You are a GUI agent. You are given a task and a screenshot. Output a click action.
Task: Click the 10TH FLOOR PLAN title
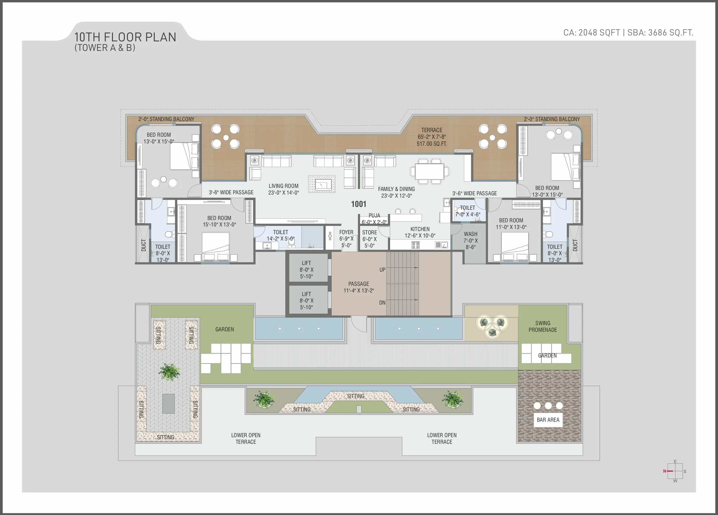(x=125, y=37)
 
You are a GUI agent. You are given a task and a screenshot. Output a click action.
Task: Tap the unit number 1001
(x=358, y=204)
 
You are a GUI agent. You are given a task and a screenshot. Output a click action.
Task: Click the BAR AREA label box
(x=548, y=420)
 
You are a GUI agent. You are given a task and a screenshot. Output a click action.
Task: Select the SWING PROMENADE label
(x=543, y=326)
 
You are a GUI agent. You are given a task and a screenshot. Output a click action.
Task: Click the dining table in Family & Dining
(x=430, y=171)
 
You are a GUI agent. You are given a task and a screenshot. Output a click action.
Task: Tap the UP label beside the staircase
(x=382, y=270)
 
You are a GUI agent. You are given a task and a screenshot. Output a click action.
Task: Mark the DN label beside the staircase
(x=382, y=303)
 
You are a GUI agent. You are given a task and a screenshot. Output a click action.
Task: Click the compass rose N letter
(x=665, y=471)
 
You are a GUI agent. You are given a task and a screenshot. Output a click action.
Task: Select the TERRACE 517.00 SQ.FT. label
(x=432, y=137)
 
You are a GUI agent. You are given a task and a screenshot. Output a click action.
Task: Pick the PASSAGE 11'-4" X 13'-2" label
(x=359, y=287)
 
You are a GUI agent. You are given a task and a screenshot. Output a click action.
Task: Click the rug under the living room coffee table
(x=322, y=184)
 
